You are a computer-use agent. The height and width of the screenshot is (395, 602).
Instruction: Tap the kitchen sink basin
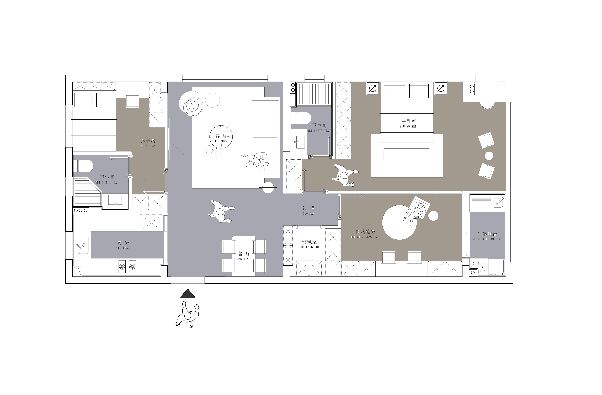point(83,245)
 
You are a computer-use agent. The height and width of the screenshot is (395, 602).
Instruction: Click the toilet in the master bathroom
point(301,118)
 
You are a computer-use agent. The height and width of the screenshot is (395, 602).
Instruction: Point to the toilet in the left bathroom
point(83,166)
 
